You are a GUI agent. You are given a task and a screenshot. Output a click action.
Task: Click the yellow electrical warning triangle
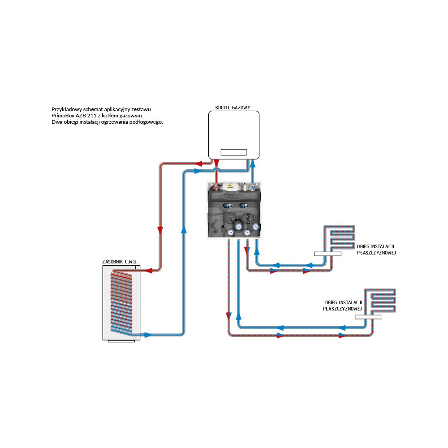(230, 185)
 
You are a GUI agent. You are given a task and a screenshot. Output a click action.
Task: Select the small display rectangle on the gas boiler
(233, 152)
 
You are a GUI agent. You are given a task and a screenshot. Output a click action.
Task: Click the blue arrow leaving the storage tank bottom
(147, 335)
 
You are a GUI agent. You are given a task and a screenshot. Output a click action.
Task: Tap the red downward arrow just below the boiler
(216, 164)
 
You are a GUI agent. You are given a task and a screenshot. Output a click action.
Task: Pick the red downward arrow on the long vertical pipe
(160, 230)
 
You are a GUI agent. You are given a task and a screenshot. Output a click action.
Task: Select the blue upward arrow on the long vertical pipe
(183, 229)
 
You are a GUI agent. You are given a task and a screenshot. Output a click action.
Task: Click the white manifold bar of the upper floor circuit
(327, 254)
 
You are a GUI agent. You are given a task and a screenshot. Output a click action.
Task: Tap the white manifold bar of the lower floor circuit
(369, 317)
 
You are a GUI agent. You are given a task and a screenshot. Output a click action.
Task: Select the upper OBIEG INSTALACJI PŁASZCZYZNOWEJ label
(376, 250)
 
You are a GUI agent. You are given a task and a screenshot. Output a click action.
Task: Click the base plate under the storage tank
(121, 341)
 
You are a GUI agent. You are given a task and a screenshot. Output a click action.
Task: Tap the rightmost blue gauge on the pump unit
(255, 226)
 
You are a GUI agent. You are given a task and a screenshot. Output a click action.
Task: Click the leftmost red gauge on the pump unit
(230, 232)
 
